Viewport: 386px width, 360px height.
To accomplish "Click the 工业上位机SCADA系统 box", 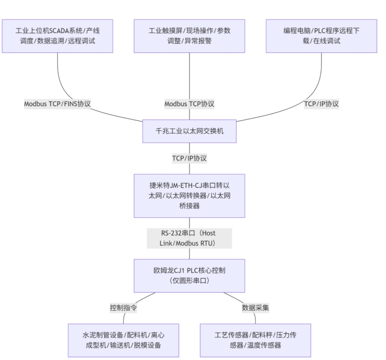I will click(58, 36).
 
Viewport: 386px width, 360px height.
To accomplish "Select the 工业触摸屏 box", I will click(189, 36).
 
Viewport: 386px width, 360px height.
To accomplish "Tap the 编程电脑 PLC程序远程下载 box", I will click(321, 36).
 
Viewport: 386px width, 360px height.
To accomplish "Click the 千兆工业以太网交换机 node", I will click(189, 131).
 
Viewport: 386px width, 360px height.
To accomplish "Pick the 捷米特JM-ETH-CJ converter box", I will click(189, 196).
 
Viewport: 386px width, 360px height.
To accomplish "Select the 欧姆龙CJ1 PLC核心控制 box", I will click(189, 276).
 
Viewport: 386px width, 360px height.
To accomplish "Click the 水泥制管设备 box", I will click(123, 340).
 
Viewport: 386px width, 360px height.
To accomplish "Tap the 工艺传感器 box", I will click(255, 340).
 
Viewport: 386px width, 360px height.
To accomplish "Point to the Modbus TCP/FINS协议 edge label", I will click(58, 104).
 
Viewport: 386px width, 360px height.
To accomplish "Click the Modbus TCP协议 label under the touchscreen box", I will click(189, 104).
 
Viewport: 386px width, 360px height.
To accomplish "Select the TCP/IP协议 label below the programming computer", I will click(321, 104).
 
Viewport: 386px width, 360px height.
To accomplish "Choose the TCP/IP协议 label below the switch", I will click(189, 158).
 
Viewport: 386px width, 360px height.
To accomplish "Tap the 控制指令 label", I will click(123, 308).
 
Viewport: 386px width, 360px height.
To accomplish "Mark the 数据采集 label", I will click(255, 308).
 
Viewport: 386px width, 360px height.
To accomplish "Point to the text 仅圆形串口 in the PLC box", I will click(189, 281).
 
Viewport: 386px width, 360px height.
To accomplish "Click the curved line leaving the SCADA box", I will click(58, 76).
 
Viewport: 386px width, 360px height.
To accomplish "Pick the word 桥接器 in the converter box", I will click(189, 206).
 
